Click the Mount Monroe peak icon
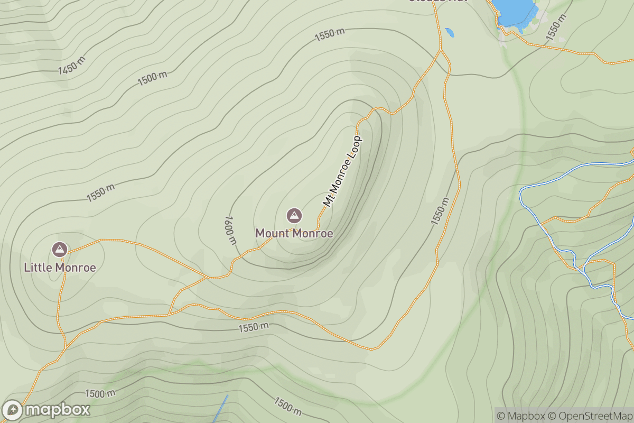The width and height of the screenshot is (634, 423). pyautogui.click(x=294, y=215)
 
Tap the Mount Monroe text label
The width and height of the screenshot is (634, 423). pyautogui.click(x=294, y=233)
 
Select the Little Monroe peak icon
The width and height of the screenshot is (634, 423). pyautogui.click(x=60, y=249)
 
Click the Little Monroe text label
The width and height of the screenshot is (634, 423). pyautogui.click(x=60, y=268)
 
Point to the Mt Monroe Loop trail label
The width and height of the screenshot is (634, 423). pyautogui.click(x=342, y=171)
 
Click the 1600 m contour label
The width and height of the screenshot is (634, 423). pyautogui.click(x=230, y=230)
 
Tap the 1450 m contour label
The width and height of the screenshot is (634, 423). pyautogui.click(x=72, y=66)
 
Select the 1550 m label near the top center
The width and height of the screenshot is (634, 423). pyautogui.click(x=330, y=35)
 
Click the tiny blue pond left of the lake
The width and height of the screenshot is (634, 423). pyautogui.click(x=450, y=32)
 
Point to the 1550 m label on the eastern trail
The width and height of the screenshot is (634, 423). pyautogui.click(x=440, y=211)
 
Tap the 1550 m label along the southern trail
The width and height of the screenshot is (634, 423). pyautogui.click(x=253, y=327)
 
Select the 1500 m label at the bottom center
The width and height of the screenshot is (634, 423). pyautogui.click(x=288, y=406)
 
